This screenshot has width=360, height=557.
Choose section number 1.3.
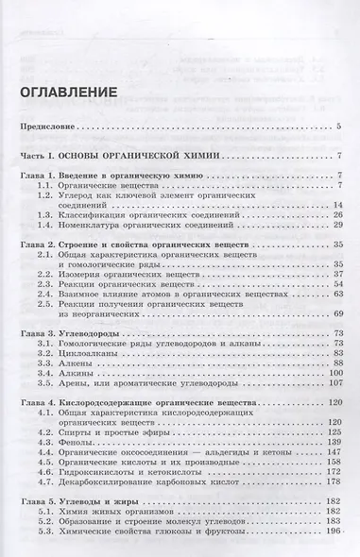click(61, 214)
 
